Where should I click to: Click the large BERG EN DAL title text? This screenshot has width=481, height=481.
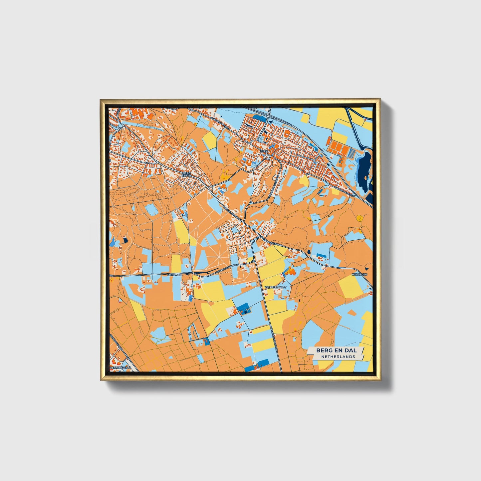tap(336, 350)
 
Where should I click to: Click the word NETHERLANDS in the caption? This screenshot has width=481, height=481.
tap(338, 357)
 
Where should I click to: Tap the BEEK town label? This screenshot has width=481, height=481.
tap(264, 151)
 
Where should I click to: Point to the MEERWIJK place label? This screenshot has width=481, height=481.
tap(175, 275)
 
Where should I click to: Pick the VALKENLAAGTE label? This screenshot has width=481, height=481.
tap(275, 287)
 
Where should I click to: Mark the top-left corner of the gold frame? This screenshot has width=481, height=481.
tap(101, 100)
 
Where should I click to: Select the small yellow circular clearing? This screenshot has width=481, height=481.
tap(360, 218)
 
